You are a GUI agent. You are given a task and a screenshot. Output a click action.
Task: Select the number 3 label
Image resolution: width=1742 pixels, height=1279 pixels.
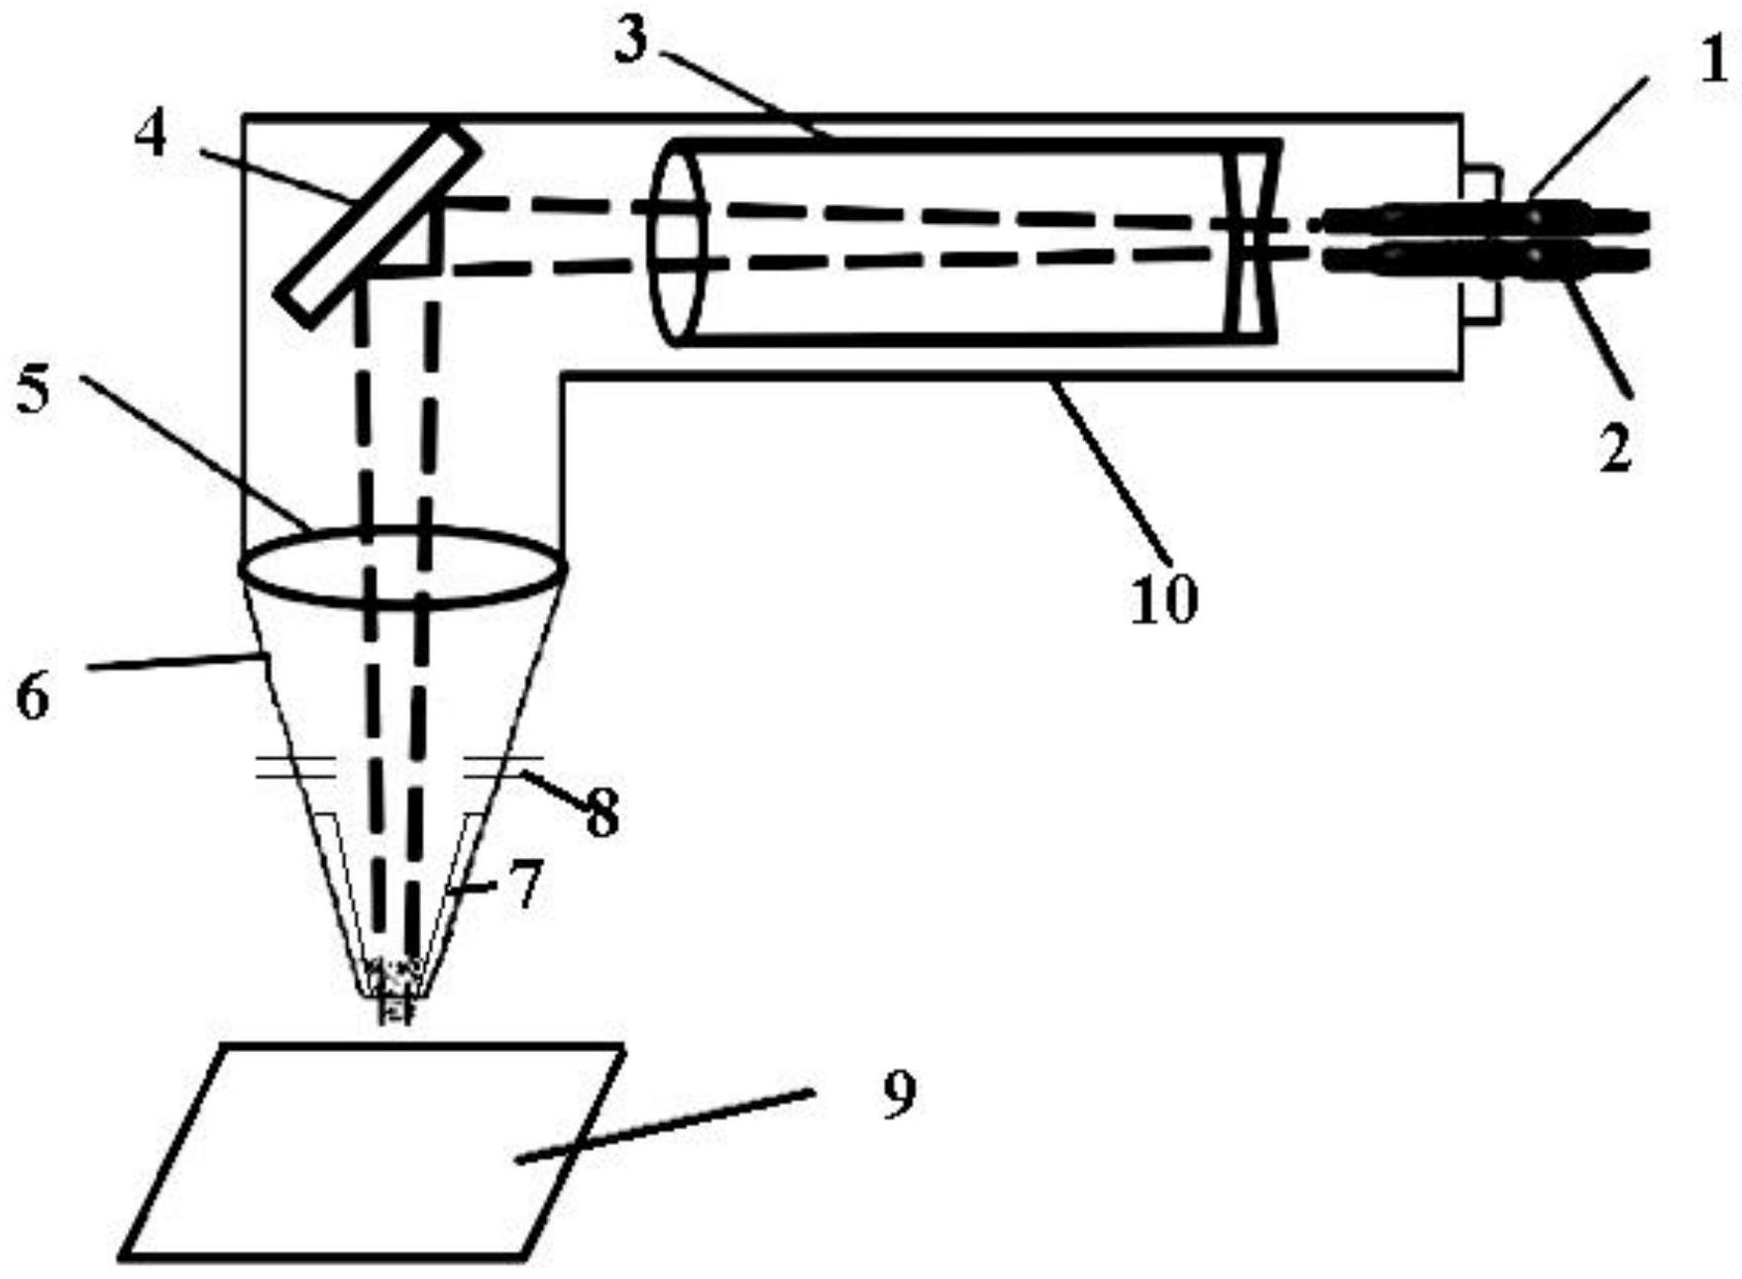630,41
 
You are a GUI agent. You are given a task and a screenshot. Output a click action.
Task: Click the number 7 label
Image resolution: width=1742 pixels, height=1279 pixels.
527,884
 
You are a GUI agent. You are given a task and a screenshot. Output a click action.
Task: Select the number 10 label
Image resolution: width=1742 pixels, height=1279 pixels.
1164,599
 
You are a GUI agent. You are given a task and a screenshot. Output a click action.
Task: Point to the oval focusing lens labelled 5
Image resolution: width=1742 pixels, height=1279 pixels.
402,567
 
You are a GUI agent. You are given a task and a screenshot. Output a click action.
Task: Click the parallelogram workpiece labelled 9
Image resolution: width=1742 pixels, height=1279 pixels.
372,1152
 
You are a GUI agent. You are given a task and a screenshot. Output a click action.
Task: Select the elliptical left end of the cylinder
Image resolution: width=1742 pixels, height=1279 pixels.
676,242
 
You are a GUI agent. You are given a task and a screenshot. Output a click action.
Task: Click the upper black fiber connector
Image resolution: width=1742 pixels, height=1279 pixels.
1486,217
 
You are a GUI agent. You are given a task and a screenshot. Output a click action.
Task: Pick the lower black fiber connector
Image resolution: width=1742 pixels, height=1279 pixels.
1486,259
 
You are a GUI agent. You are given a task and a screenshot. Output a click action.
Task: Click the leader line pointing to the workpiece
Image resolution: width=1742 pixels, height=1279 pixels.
664,1125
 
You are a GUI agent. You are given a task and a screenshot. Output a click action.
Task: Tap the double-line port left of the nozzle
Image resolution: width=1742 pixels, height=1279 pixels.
295,768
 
